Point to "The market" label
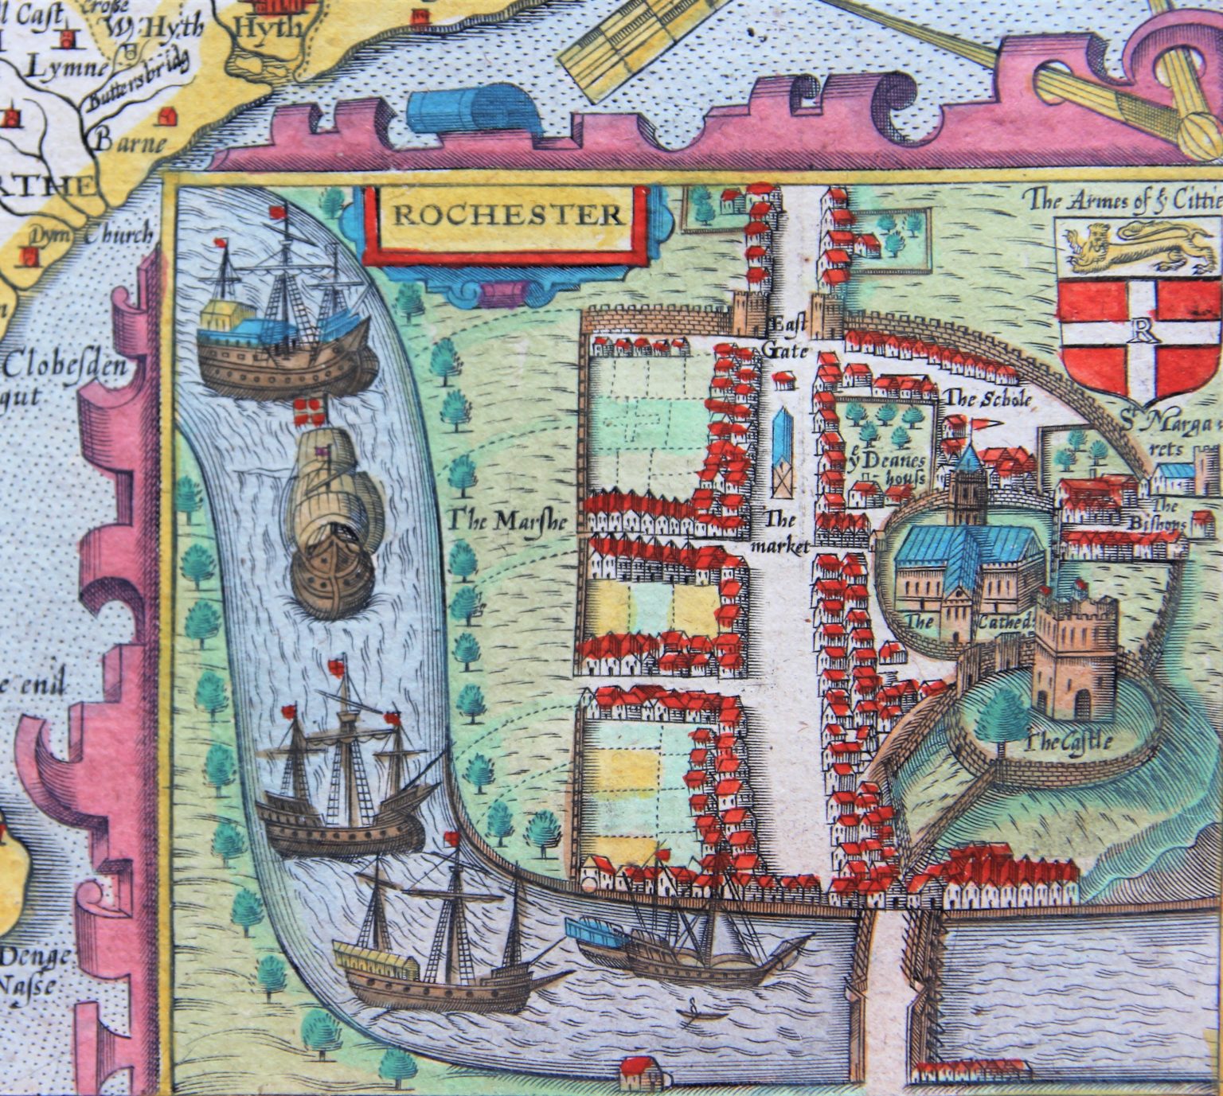click(783, 532)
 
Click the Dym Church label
click(91, 236)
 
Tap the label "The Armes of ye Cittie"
click(1122, 198)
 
